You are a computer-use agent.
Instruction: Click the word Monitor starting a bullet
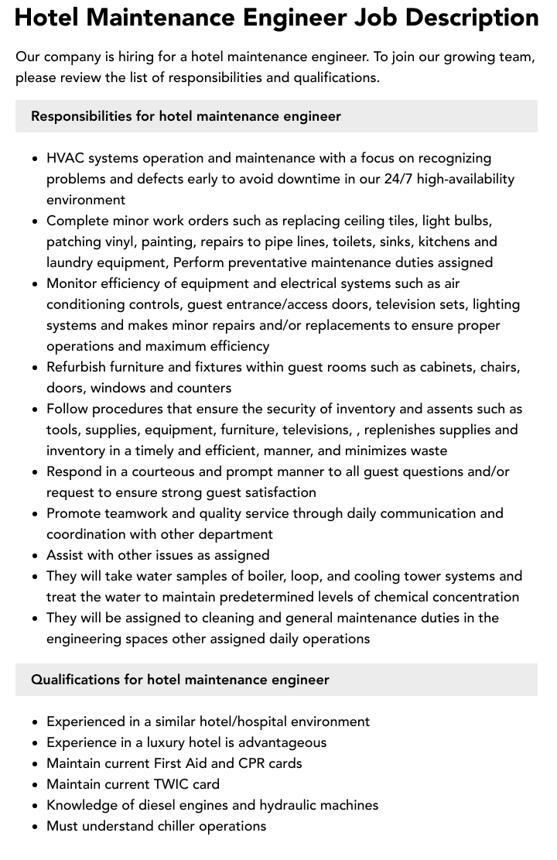pos(72,283)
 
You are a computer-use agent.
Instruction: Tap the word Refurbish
pos(77,367)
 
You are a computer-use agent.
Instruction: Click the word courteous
pos(161,471)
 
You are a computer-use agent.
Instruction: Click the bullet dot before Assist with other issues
pos(36,555)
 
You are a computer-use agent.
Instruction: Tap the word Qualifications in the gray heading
pos(75,680)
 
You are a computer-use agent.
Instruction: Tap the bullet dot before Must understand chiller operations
pos(36,826)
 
